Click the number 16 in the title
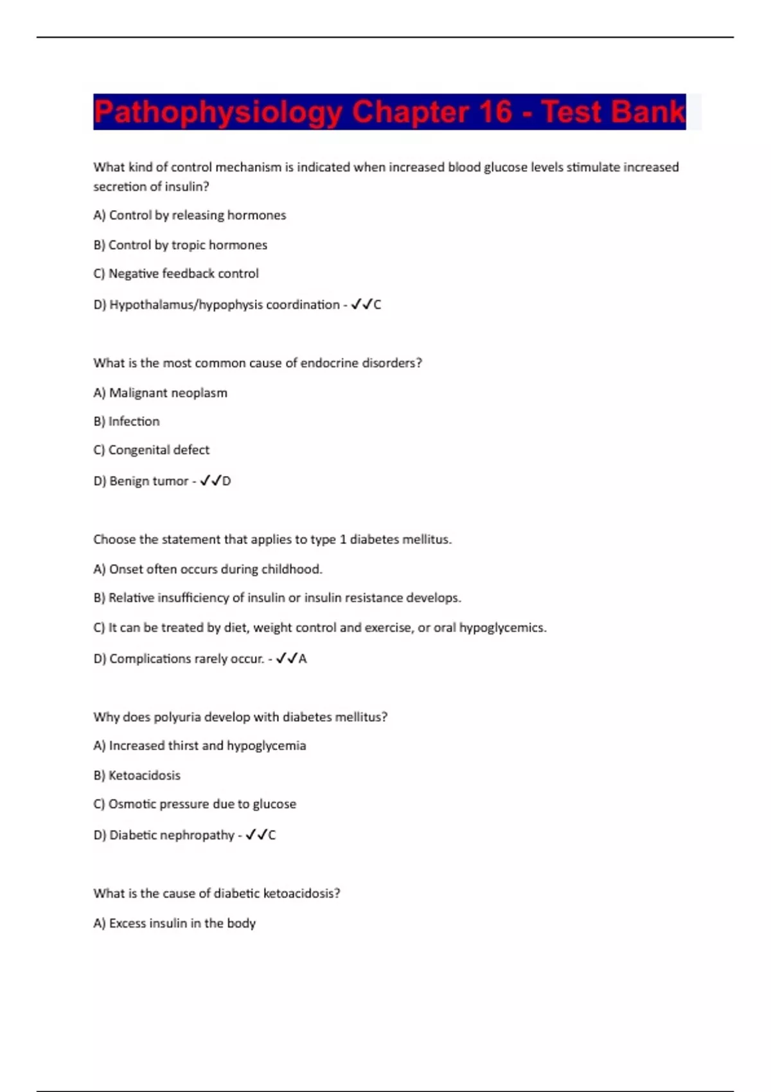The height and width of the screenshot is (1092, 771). (x=495, y=112)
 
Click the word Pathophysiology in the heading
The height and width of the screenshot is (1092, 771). (x=218, y=112)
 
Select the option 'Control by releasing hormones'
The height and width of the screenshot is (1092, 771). (x=190, y=215)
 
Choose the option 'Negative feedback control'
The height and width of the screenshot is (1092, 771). (x=176, y=274)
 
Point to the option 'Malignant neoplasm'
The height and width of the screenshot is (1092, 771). (x=160, y=392)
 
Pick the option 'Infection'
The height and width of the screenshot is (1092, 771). (x=127, y=421)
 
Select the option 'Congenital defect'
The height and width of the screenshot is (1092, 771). (x=151, y=450)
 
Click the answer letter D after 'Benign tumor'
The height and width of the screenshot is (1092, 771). (x=226, y=481)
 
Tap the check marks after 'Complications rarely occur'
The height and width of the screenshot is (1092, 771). (x=286, y=658)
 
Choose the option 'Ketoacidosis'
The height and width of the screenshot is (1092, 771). (x=137, y=775)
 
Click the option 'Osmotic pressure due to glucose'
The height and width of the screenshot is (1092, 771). (x=195, y=804)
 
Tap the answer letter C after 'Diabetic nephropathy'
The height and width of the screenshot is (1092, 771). (x=272, y=835)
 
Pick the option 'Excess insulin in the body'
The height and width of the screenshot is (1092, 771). (x=174, y=923)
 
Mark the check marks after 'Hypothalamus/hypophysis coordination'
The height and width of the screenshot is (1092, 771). (x=361, y=304)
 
